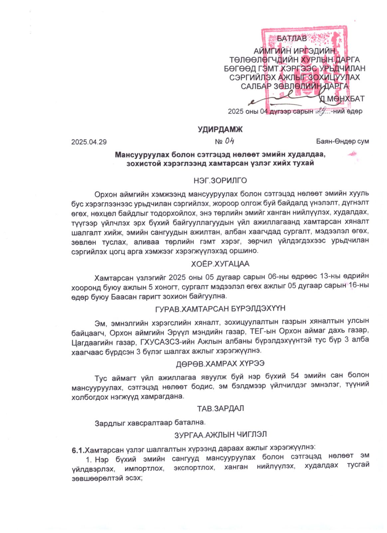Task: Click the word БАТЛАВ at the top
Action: (291, 39)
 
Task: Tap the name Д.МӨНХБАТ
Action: (341, 99)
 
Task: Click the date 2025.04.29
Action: (89, 142)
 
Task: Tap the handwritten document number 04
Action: (229, 141)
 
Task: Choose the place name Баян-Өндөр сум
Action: (342, 141)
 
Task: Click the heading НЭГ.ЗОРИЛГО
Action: (220, 181)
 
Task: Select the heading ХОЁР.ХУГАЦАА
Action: (220, 264)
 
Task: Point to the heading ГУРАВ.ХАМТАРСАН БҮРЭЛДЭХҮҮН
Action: (220, 308)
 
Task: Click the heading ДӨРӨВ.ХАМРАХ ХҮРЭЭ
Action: (220, 363)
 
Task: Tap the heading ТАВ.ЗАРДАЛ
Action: (220, 408)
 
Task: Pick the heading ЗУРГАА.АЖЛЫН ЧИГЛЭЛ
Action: (220, 435)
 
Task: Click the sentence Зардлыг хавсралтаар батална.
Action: (150, 423)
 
